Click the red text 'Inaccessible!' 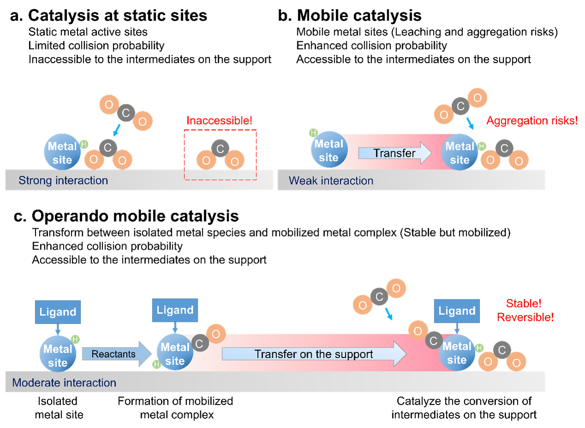click(219, 121)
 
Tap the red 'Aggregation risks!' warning click(532, 121)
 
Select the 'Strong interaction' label click(63, 180)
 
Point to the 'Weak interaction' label click(331, 180)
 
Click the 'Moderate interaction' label click(64, 383)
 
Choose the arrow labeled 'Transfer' click(395, 153)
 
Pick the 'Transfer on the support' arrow click(314, 354)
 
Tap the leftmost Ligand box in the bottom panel click(58, 312)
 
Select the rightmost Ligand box click(457, 311)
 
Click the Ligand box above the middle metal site click(175, 310)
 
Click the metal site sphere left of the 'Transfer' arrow click(329, 151)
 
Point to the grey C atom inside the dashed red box click(220, 149)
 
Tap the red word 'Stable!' click(524, 303)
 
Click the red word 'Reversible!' click(526, 317)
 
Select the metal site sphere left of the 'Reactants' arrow click(58, 356)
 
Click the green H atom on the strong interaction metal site click(84, 145)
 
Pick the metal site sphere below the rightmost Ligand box click(457, 353)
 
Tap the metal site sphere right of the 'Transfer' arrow click(459, 153)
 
